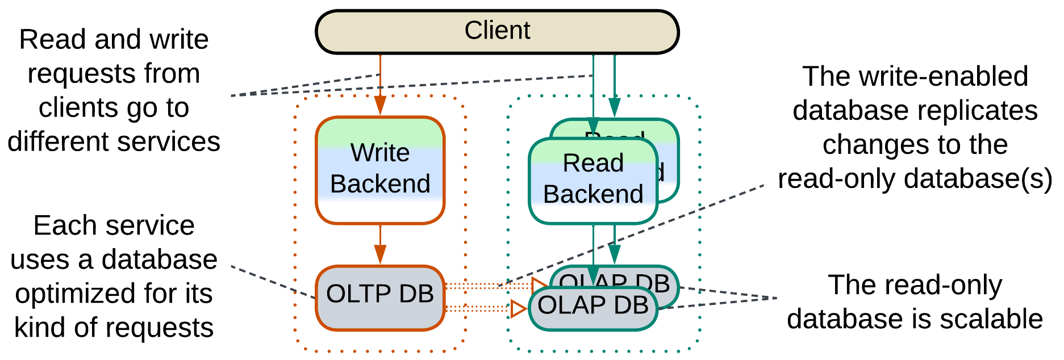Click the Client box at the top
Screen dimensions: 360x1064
pyautogui.click(x=497, y=32)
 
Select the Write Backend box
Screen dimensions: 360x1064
pyautogui.click(x=380, y=170)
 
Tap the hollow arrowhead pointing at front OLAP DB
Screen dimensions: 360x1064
pyautogui.click(x=518, y=309)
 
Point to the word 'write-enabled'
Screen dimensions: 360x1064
pyautogui.click(x=943, y=76)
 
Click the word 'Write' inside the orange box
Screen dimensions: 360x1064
pyautogui.click(x=380, y=153)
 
